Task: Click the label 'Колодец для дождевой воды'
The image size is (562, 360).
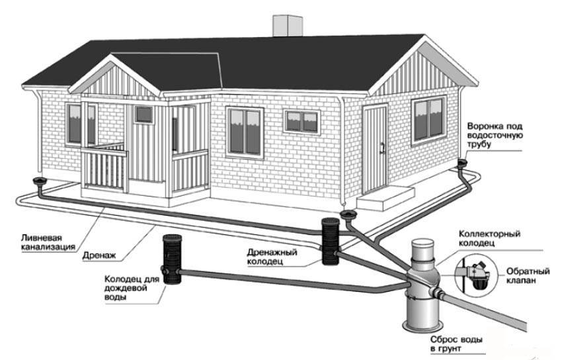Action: [131, 288]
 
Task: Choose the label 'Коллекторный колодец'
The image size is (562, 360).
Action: [491, 240]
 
